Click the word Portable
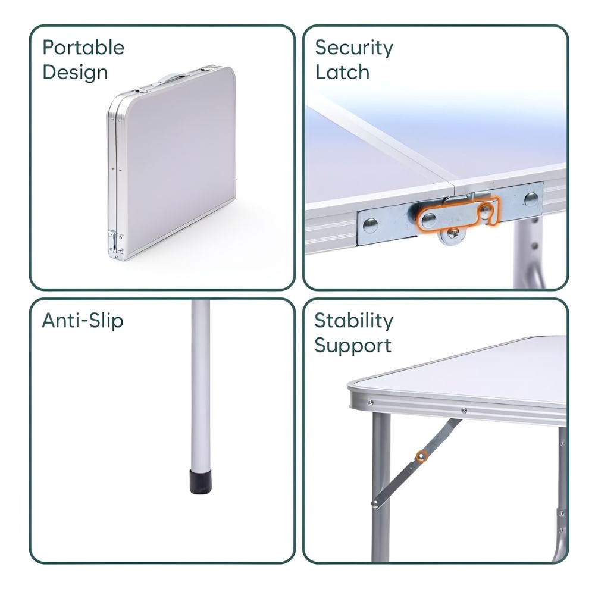83,48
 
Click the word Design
75,73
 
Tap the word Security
354,48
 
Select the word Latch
342,72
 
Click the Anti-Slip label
83,321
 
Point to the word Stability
353,321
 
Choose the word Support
352,346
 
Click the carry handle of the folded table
169,78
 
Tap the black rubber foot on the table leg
201,482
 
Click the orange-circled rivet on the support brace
421,456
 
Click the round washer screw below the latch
452,235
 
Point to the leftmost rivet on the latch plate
370,226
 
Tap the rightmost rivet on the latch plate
531,199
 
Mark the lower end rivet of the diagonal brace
375,503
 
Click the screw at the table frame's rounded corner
370,402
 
